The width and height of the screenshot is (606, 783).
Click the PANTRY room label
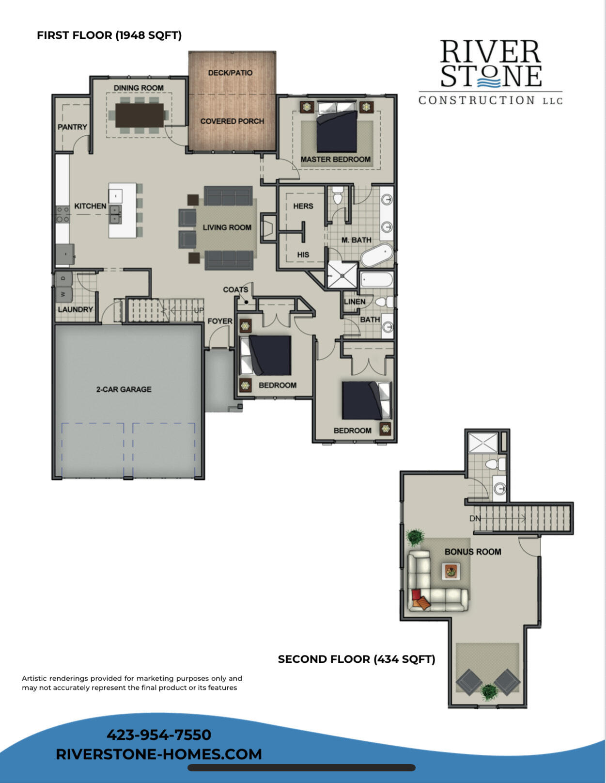click(x=72, y=127)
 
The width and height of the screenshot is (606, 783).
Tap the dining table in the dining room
click(x=140, y=115)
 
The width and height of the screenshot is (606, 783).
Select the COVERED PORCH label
click(x=232, y=121)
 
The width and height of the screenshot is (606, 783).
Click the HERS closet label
click(x=303, y=206)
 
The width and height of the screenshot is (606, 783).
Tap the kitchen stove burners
click(x=62, y=214)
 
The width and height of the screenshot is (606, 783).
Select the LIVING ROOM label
click(x=227, y=227)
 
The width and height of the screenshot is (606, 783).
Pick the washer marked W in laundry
click(x=63, y=294)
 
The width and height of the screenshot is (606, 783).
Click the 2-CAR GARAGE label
click(x=124, y=389)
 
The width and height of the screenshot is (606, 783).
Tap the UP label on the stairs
click(x=199, y=310)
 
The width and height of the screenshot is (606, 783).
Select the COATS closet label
click(x=235, y=289)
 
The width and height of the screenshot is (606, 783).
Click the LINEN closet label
click(x=355, y=302)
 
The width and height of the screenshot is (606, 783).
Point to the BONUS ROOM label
click(x=473, y=552)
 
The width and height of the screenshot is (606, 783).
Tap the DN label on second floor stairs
click(x=475, y=518)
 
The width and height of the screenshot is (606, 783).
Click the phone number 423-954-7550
click(x=159, y=735)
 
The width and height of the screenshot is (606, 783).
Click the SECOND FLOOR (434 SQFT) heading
click(x=357, y=659)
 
